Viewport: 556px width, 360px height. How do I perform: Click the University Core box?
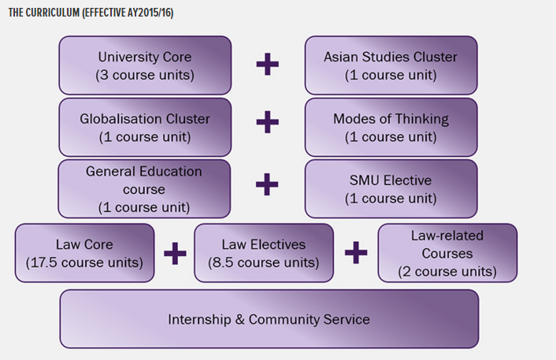pos(145,65)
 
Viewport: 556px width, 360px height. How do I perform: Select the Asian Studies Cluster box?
pos(391,65)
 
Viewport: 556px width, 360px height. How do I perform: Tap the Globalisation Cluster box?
pos(145,128)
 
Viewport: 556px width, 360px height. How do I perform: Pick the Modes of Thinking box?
pos(391,128)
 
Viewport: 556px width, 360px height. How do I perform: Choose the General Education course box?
pos(144,189)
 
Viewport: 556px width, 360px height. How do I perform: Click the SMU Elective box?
pos(391,189)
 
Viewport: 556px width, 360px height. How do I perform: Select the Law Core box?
pos(85,253)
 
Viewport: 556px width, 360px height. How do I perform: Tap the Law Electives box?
pos(264,253)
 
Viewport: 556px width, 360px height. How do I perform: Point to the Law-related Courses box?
pos(447,253)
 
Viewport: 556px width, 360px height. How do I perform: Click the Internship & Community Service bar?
pos(269,319)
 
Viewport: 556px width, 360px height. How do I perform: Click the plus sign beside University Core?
pos(267,64)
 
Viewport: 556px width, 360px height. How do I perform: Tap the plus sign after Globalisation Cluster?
pos(267,122)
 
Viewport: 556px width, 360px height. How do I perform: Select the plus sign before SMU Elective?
pos(267,184)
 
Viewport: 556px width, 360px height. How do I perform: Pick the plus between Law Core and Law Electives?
pos(175,253)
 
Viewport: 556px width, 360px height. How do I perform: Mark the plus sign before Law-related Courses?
pos(356,253)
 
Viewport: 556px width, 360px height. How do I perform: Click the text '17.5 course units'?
pos(84,262)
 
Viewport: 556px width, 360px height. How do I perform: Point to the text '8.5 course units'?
pos(264,262)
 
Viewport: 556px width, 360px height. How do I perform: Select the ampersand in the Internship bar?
pos(239,320)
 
